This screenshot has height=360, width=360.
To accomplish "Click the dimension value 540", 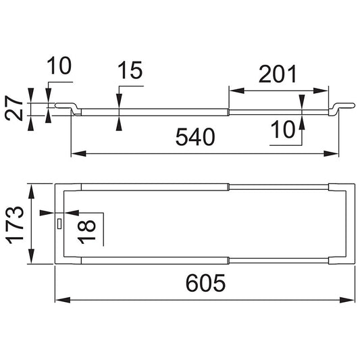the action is tap(195, 137).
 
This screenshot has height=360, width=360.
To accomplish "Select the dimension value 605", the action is tap(205, 283).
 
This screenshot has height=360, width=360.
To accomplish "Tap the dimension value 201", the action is tap(278, 74).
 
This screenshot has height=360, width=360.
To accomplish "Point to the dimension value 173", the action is tap(15, 226).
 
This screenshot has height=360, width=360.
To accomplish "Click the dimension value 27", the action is tap(14, 109).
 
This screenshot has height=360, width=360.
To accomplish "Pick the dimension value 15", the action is tap(130, 70).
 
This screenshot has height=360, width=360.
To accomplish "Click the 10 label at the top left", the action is tap(59, 66).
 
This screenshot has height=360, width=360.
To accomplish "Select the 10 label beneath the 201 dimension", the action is tap(282, 130).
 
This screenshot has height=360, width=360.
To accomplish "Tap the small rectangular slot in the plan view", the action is tap(59, 224).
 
